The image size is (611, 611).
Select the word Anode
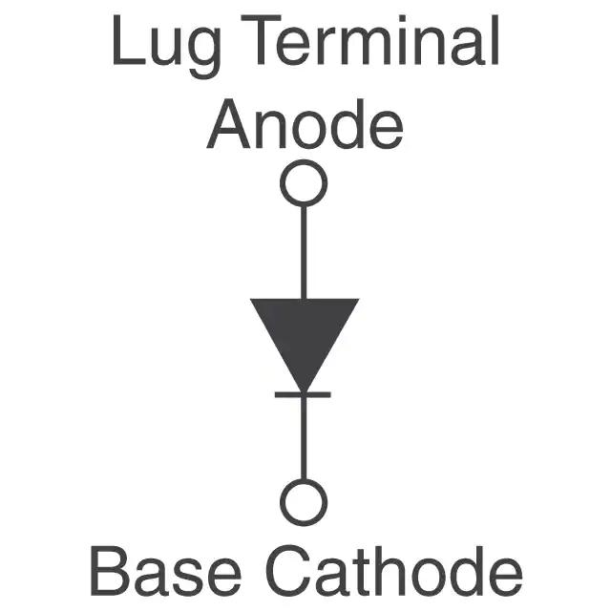305,125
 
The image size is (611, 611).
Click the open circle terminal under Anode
304,183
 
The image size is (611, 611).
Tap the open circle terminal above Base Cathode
304,501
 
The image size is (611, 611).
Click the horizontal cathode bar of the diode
304,394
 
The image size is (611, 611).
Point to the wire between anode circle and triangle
304,252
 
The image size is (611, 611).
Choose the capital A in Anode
228,125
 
